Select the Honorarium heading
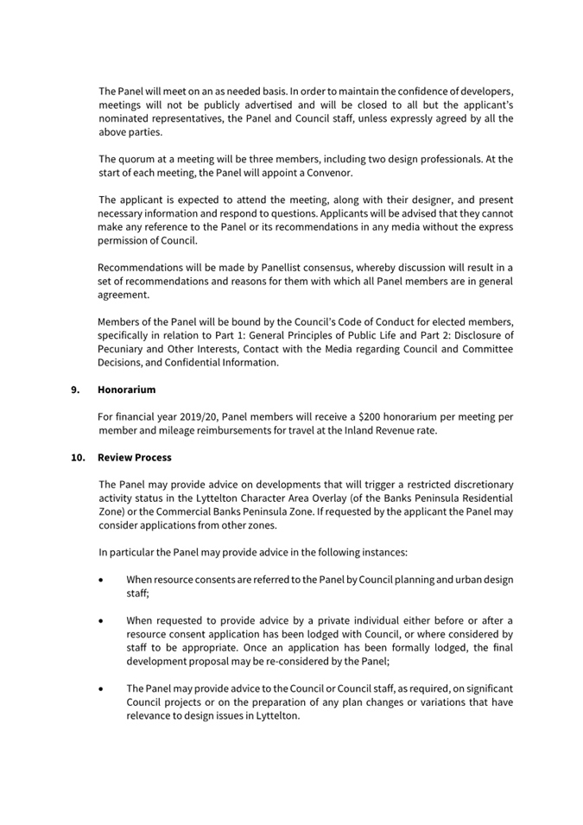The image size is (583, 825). (x=126, y=390)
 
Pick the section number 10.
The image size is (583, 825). (x=78, y=457)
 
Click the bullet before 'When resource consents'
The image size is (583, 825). (x=103, y=580)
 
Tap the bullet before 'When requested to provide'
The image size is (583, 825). (x=103, y=620)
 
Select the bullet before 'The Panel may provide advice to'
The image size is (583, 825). (x=103, y=689)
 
